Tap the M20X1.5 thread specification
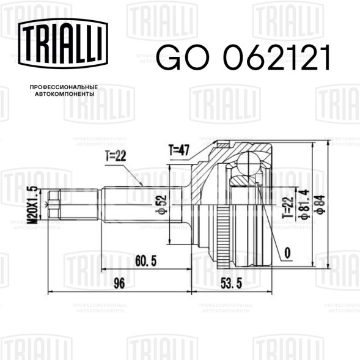[x=34, y=204]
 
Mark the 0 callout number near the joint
[x=287, y=252]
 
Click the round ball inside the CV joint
[x=250, y=163]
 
